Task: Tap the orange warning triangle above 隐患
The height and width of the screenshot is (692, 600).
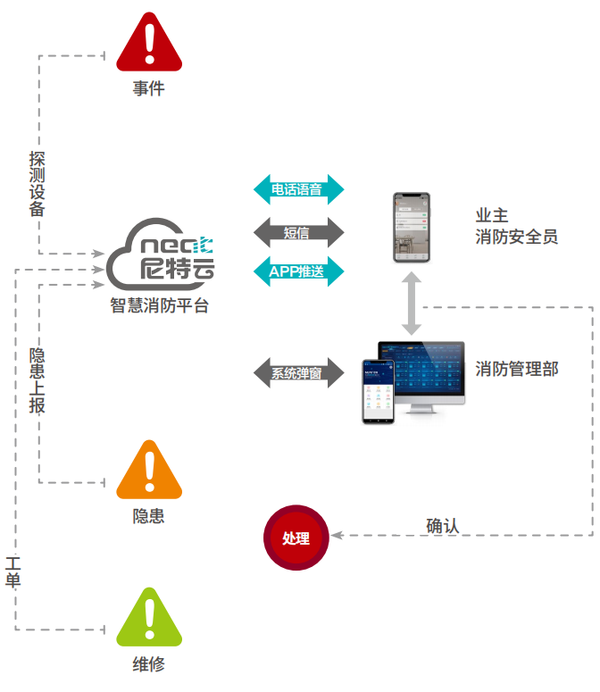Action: coord(149,472)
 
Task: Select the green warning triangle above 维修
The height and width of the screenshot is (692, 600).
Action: coord(149,620)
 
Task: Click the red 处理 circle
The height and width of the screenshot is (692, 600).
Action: coord(296,538)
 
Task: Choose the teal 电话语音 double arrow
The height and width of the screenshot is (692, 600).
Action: coord(298,189)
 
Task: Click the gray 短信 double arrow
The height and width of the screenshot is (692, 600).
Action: coord(298,232)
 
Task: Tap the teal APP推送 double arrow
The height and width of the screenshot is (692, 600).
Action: coord(298,271)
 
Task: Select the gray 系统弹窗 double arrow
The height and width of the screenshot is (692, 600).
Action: coord(298,372)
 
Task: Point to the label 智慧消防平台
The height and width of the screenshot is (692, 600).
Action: coord(160,306)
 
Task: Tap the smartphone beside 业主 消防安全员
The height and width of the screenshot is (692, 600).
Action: coord(412,228)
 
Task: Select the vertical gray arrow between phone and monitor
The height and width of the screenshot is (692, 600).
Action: coord(412,304)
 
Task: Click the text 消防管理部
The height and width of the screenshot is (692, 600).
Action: coord(518,368)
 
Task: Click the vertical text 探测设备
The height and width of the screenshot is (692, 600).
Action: coord(37,184)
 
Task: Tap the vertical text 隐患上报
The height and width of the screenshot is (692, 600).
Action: coord(37,380)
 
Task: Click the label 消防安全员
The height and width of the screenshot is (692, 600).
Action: coord(518,237)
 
